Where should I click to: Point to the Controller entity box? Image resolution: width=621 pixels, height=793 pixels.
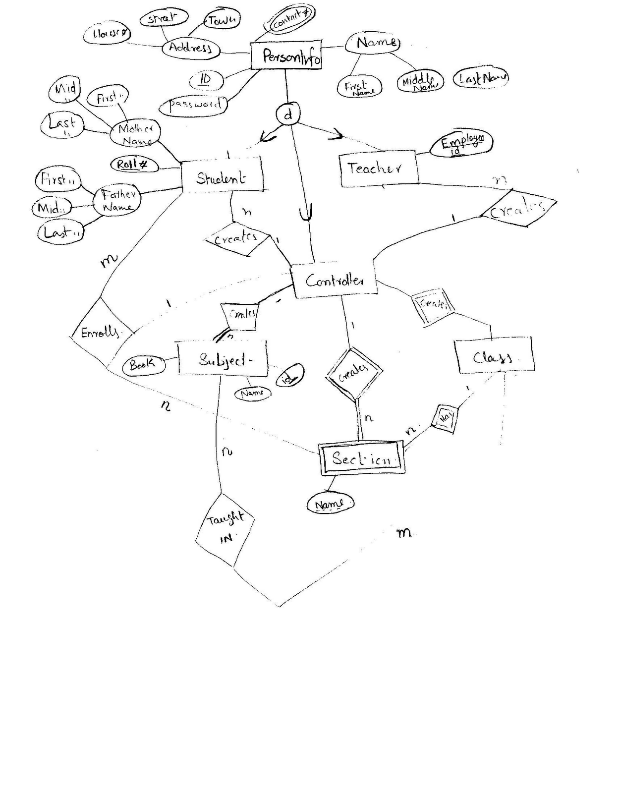[x=334, y=281]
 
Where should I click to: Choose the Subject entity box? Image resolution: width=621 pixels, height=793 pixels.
[x=223, y=358]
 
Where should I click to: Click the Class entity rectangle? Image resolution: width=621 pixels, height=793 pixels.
[x=494, y=355]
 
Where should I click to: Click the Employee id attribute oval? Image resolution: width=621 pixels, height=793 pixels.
[x=461, y=143]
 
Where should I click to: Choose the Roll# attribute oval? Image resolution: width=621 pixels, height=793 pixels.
[x=134, y=165]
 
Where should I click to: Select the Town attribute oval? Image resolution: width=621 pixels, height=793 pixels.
[x=222, y=20]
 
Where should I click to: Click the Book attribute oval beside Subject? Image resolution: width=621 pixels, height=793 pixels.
[x=143, y=365]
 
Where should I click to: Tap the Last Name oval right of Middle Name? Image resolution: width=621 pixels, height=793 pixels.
[x=481, y=78]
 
